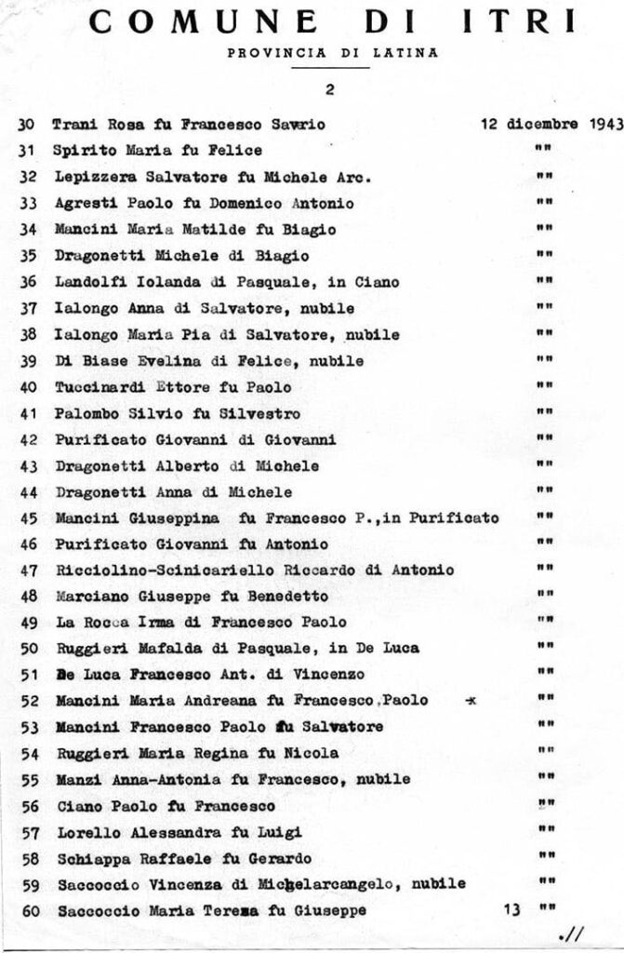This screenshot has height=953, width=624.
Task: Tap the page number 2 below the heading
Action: coord(330,90)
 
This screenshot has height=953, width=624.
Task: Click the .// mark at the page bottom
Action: coord(566,934)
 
